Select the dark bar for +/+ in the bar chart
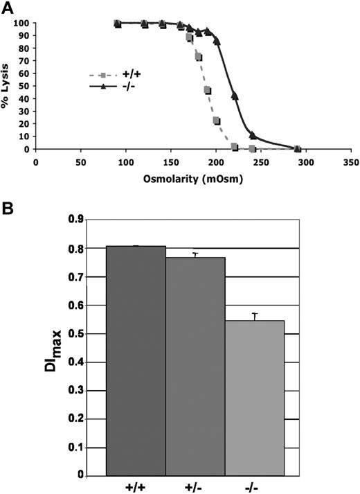[136, 360]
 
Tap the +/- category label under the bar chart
[195, 486]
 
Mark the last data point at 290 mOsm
[297, 148]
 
